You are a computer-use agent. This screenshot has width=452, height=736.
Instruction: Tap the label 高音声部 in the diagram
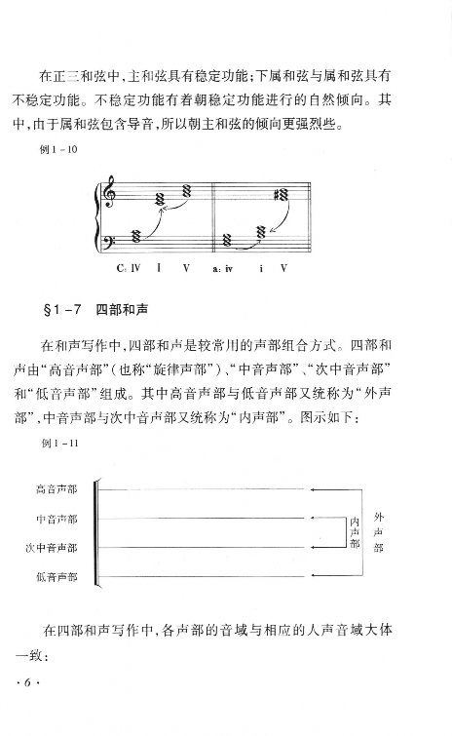[x=56, y=487]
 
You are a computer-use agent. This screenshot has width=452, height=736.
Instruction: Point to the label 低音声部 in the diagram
[x=56, y=577]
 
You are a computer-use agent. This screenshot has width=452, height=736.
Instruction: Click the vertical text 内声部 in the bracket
[x=353, y=533]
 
